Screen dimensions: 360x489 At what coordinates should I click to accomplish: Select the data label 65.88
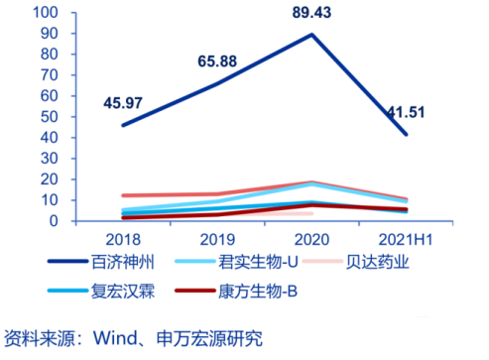click(213, 61)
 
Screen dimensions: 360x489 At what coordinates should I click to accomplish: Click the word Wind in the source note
click(114, 338)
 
